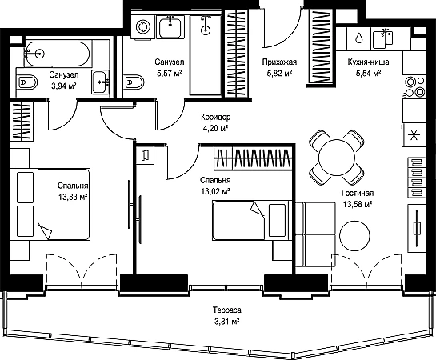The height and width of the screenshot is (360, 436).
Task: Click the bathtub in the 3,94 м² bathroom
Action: point(57,54)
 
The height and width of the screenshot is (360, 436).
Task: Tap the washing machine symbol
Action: point(143,26)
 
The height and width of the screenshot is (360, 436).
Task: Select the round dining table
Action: point(337,158)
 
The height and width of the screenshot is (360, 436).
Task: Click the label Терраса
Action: point(227,310)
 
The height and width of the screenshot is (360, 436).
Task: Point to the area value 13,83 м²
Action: point(73,197)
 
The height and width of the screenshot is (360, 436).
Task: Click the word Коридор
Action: point(216,118)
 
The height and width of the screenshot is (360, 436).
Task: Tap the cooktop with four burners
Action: point(414,86)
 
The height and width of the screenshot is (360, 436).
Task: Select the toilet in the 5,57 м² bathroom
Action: point(134,82)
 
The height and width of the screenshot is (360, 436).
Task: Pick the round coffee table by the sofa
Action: point(355,235)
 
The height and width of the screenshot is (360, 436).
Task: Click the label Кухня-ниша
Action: point(368,62)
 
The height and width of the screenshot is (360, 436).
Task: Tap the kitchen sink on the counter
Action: point(382,39)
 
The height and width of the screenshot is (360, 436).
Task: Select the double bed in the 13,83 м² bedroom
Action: point(50,204)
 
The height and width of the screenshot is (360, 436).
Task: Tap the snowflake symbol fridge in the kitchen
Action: point(414,136)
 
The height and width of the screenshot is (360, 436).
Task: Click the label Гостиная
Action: point(358,193)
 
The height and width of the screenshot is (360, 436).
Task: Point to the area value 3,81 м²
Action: point(227,322)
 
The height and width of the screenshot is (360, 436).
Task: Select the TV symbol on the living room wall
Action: point(417,229)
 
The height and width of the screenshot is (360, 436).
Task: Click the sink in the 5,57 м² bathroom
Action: point(170,26)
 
